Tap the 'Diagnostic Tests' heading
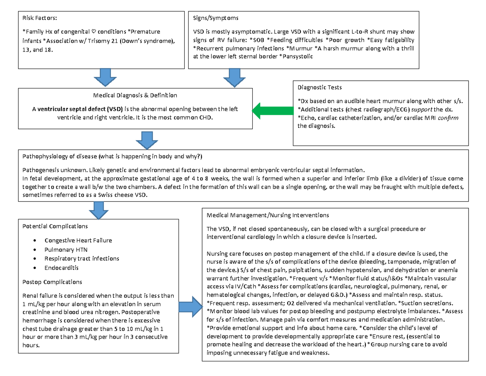tap(320, 87)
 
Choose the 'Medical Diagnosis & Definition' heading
tap(135, 96)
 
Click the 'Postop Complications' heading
tap(53, 282)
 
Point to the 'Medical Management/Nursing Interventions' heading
tap(268, 215)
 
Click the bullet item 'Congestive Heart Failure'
tap(78, 241)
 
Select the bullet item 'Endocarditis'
tap(62, 268)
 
